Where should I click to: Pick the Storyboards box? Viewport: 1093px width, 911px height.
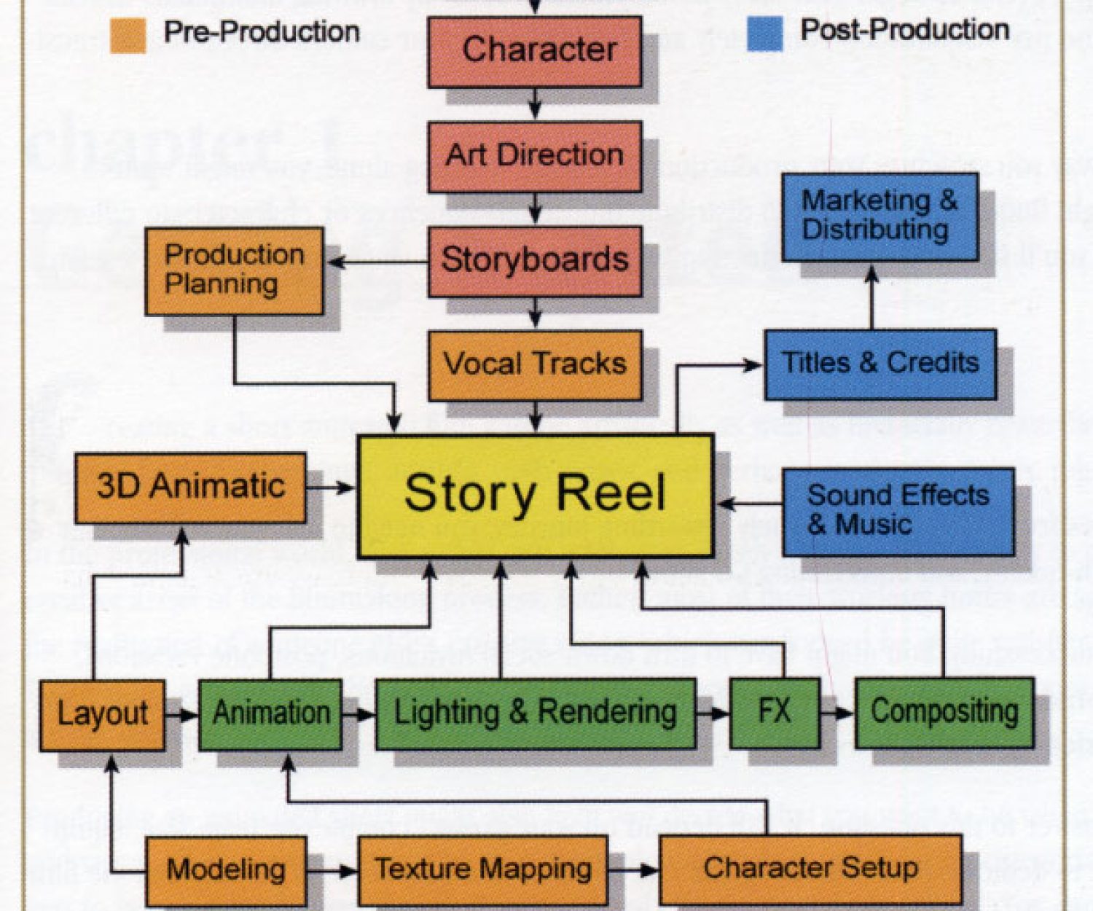[535, 261]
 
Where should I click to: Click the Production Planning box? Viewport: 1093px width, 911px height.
[234, 270]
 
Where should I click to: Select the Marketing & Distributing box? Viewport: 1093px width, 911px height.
[880, 216]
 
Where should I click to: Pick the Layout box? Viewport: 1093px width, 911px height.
[102, 715]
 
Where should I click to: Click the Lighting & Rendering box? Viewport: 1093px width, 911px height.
[536, 713]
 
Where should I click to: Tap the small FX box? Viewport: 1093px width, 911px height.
[775, 712]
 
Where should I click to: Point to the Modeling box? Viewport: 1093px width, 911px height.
[226, 871]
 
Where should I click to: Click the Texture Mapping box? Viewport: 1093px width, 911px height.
[483, 870]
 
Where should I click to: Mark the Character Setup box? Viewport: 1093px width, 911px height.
[810, 869]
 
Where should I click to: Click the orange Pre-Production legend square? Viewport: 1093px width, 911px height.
[128, 35]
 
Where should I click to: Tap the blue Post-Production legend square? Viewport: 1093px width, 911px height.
[765, 34]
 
